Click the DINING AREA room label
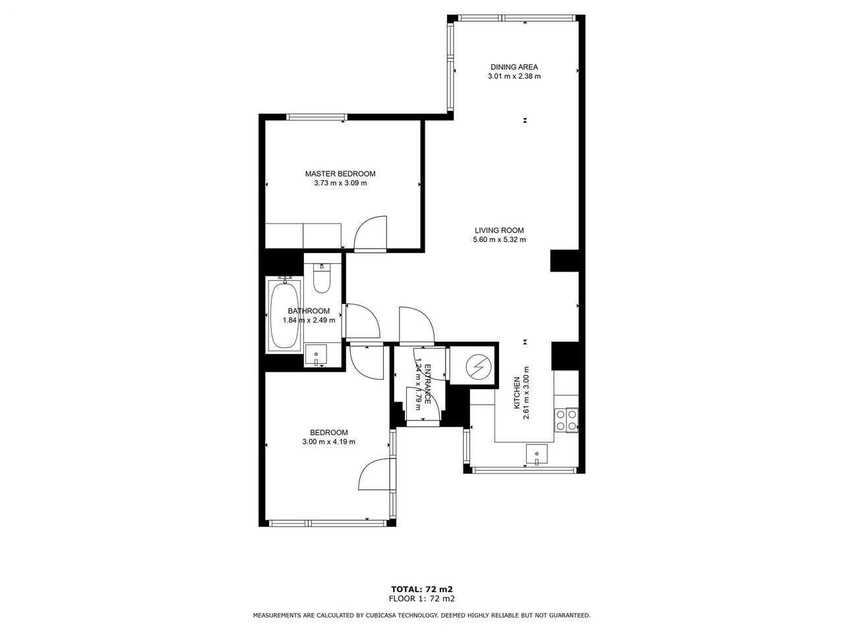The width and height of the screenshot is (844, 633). tap(514, 67)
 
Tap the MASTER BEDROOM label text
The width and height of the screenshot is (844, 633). tap(340, 173)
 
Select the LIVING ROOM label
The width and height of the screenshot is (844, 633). tap(499, 230)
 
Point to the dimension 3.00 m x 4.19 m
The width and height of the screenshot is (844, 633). tap(328, 442)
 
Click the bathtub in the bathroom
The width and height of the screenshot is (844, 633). tap(285, 315)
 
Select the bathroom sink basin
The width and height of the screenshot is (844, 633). tap(316, 355)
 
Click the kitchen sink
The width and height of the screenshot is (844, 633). tap(537, 455)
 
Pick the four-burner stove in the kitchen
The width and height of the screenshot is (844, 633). tap(566, 420)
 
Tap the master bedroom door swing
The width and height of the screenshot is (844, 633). tap(370, 233)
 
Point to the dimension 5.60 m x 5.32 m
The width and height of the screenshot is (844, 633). tap(499, 240)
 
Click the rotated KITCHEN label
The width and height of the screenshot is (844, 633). tap(517, 393)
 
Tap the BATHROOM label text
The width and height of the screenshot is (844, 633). tap(309, 311)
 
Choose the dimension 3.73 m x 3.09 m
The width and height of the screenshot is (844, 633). tap(340, 183)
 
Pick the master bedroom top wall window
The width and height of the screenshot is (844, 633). tap(317, 117)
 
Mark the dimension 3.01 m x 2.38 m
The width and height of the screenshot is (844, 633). tap(514, 76)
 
